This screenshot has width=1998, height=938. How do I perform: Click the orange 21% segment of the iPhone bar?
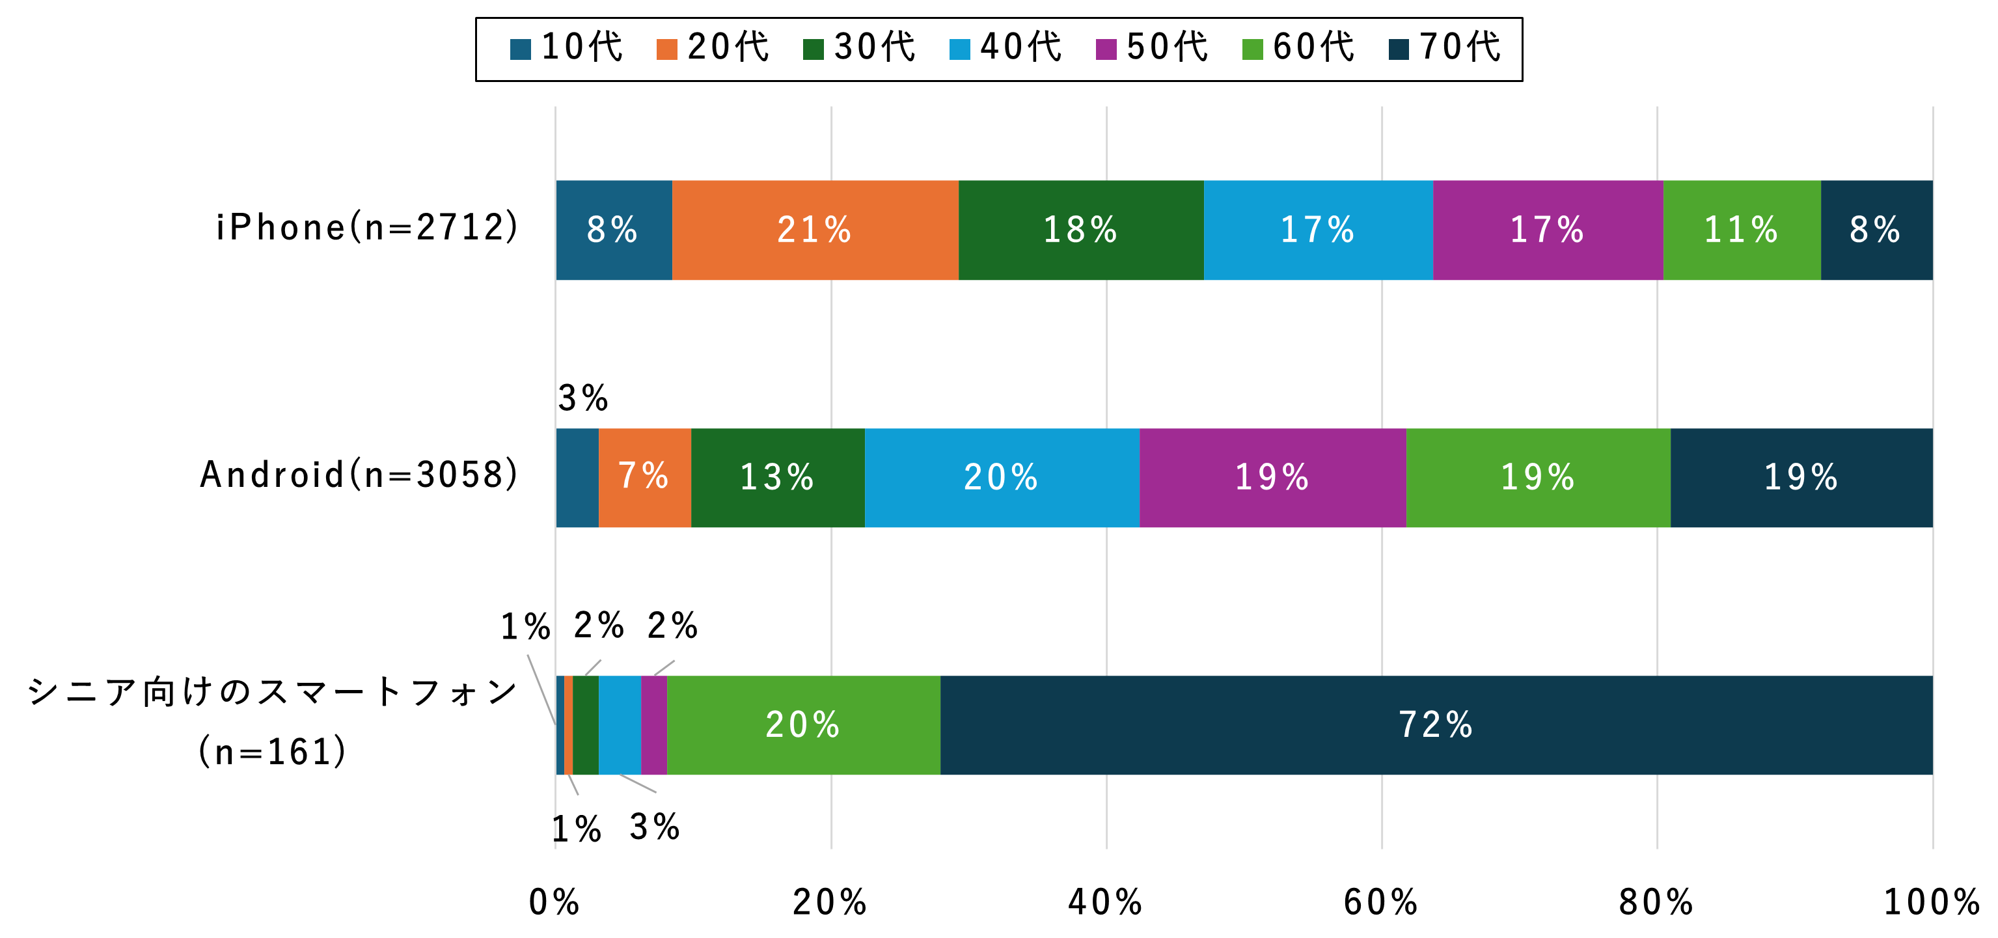(x=814, y=230)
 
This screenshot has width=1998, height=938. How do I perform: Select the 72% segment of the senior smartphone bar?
(x=1435, y=724)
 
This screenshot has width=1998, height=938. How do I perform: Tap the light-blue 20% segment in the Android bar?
(x=1002, y=477)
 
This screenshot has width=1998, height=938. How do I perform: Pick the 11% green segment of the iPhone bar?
(x=1742, y=230)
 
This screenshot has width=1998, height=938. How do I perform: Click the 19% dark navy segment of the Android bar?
(x=1801, y=477)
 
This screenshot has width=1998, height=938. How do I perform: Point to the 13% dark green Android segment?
(x=777, y=477)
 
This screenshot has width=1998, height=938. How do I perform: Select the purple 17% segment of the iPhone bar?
(x=1548, y=230)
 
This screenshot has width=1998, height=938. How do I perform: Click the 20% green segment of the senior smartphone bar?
(x=802, y=724)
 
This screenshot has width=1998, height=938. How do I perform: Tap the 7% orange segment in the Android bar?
(x=644, y=477)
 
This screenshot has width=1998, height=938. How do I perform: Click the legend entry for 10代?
(x=567, y=48)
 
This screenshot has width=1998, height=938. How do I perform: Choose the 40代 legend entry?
(x=1006, y=48)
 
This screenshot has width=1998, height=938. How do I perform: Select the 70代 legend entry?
(x=1445, y=48)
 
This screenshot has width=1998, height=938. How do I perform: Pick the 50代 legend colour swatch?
(x=1106, y=49)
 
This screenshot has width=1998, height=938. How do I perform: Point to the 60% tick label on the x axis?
(x=1380, y=902)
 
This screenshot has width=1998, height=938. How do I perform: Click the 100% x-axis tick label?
(x=1932, y=902)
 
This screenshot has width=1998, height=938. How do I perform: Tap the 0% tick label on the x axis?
(x=554, y=902)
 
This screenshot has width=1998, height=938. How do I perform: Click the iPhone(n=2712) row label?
(x=367, y=228)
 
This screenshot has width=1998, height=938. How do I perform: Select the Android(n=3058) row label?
(x=359, y=475)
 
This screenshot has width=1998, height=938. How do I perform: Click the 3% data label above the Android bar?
(x=583, y=399)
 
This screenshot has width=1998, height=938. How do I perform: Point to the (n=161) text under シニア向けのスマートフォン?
(x=272, y=751)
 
